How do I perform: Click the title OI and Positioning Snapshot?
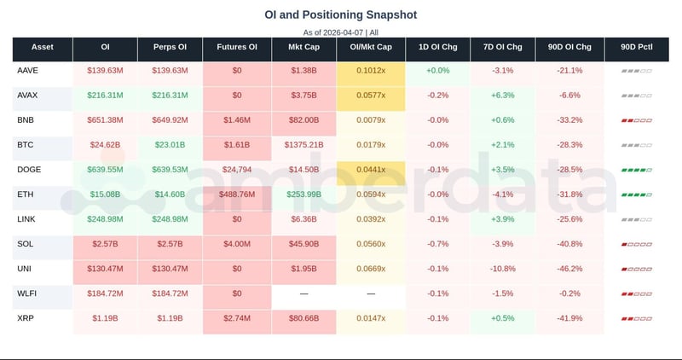pos(340,15)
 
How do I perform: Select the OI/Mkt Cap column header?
pos(371,48)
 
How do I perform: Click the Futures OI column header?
pos(238,48)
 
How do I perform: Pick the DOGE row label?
pos(30,170)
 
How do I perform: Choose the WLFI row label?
pos(29,293)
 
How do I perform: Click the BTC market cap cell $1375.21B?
pos(304,145)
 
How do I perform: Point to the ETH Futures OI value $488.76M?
pos(238,195)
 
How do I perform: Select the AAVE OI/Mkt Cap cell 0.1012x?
pos(371,71)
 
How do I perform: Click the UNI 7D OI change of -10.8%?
pos(502,269)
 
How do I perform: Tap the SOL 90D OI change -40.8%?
pos(569,244)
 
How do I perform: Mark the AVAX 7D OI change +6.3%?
pos(502,96)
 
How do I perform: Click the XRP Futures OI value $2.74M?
pos(238,318)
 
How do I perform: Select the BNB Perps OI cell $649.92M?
pos(171,120)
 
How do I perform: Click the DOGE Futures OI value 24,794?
pos(238,170)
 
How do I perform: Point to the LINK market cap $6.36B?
pos(304,219)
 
